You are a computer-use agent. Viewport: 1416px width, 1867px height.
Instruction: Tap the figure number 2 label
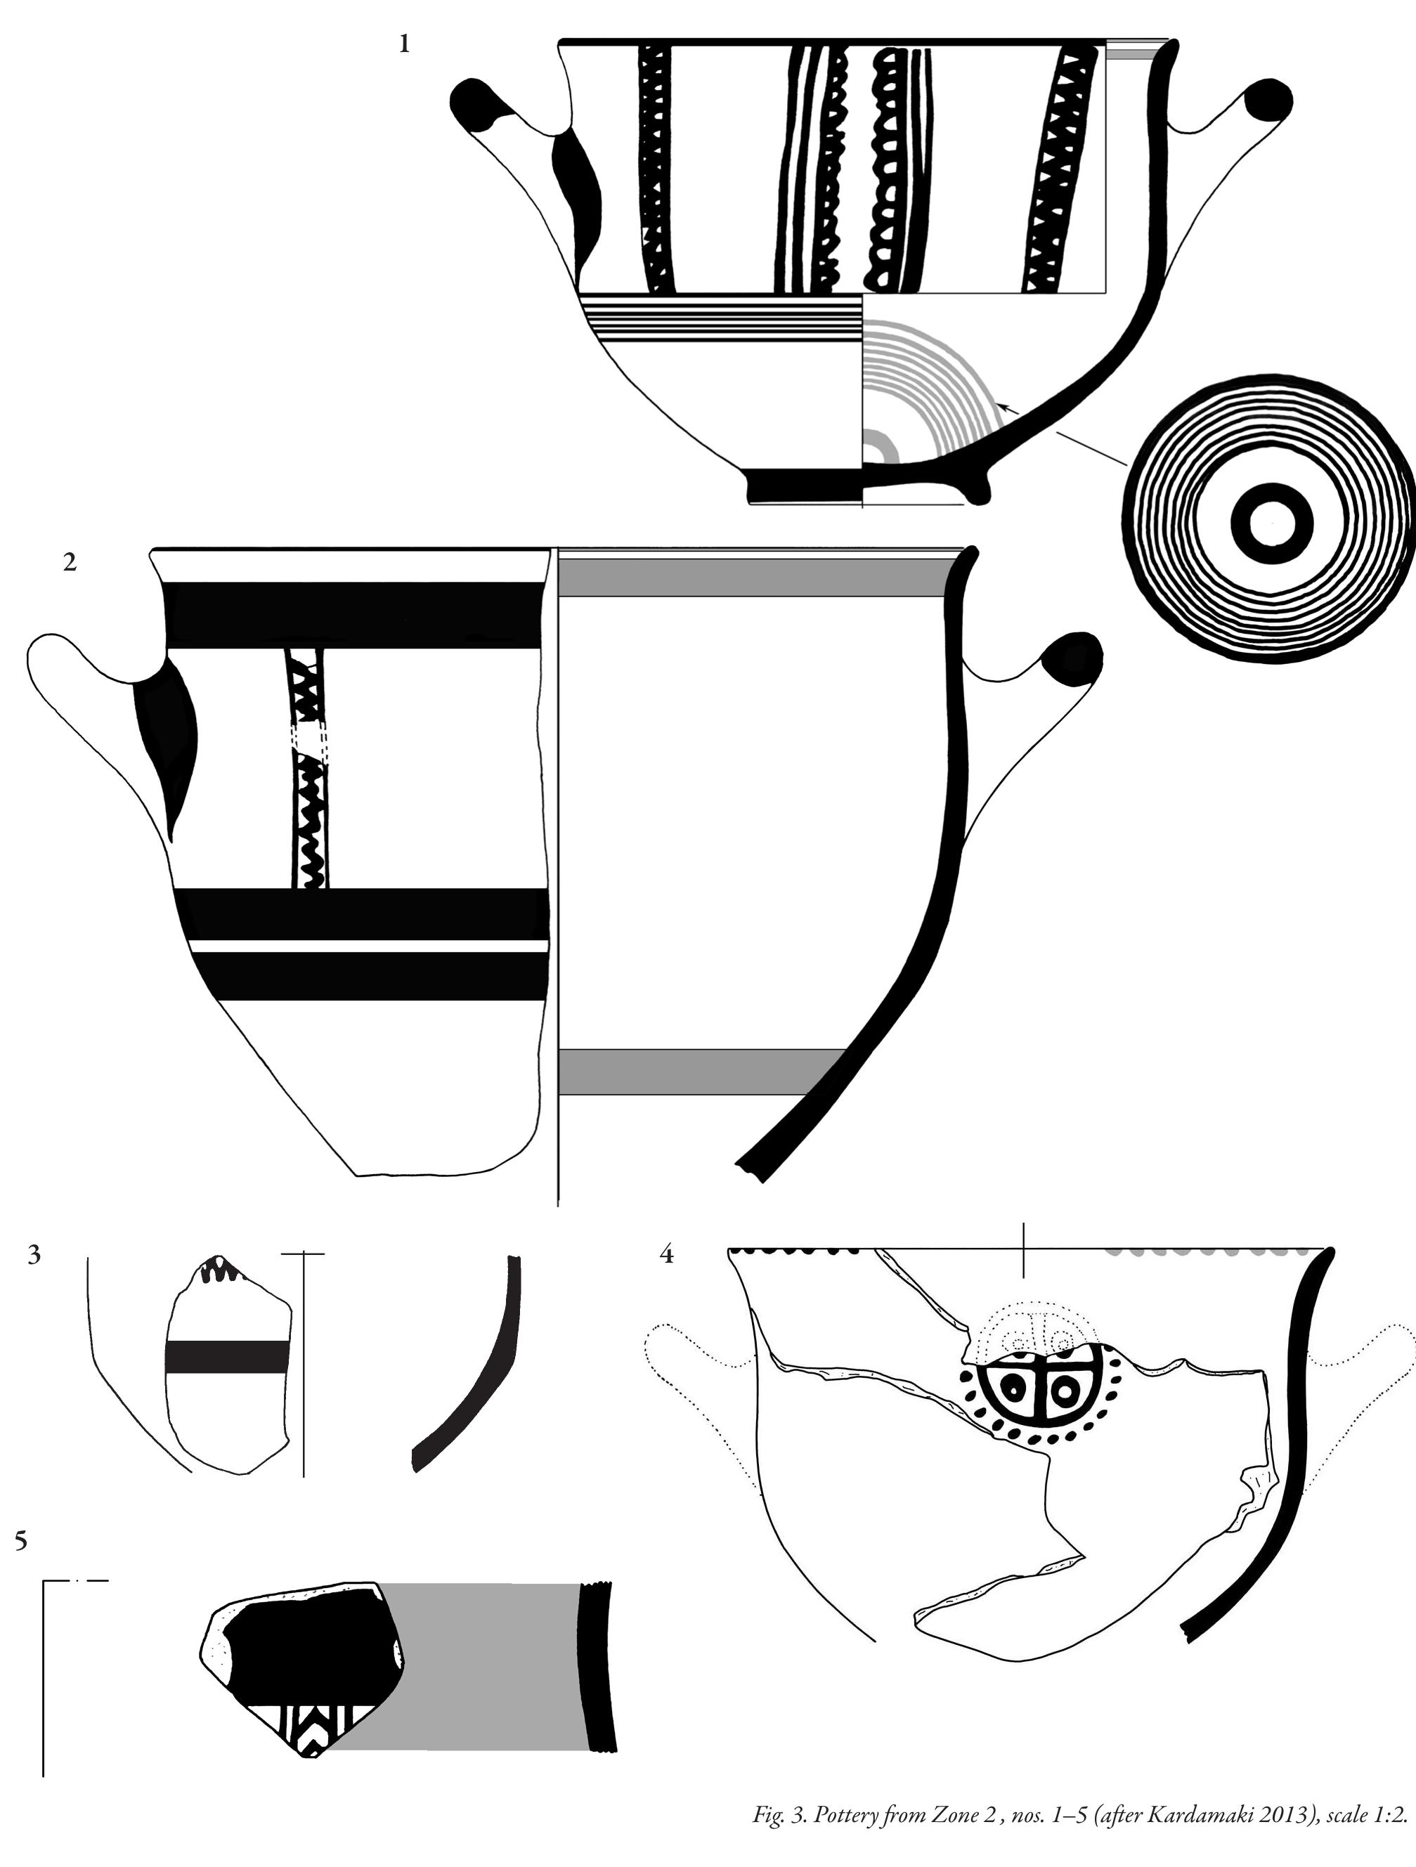(70, 561)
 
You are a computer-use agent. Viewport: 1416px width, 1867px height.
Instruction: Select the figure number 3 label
(34, 1255)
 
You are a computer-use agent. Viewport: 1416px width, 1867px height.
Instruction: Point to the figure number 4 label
(667, 1255)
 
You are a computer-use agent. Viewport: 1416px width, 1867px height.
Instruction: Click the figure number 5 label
(21, 1541)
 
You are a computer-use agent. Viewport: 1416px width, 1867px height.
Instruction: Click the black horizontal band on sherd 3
(227, 1355)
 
